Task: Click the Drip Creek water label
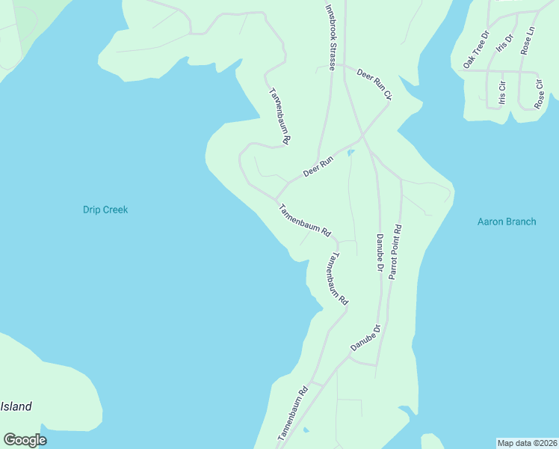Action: click(x=105, y=210)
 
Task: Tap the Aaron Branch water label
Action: click(x=506, y=222)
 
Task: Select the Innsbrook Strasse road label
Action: click(x=330, y=35)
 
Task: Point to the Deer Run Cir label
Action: click(x=374, y=84)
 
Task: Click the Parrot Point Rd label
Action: click(x=395, y=252)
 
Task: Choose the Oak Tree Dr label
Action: click(x=475, y=50)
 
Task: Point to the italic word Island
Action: click(x=16, y=407)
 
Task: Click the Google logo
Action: click(x=25, y=440)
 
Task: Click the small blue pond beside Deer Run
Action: click(x=350, y=153)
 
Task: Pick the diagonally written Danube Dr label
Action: click(x=365, y=338)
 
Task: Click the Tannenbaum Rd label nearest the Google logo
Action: click(x=292, y=414)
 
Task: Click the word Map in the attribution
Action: click(x=507, y=443)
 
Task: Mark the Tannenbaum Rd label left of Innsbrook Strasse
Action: click(x=279, y=116)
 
